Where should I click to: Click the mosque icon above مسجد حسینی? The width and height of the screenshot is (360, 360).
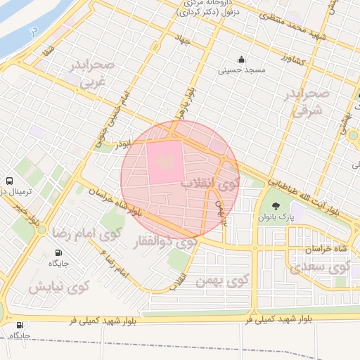pos(242,60)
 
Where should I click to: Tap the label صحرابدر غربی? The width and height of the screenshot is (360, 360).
pos(95,73)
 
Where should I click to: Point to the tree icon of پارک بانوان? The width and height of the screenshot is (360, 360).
pos(275,207)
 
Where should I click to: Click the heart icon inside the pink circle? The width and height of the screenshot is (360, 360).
pos(165,162)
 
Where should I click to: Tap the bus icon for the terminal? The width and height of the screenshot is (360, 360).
pos(8,181)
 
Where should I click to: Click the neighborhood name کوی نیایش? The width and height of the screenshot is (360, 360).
pos(59,287)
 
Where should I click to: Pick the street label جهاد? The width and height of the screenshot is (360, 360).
pos(185,41)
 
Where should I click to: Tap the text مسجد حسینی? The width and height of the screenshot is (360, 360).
pos(241,70)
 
